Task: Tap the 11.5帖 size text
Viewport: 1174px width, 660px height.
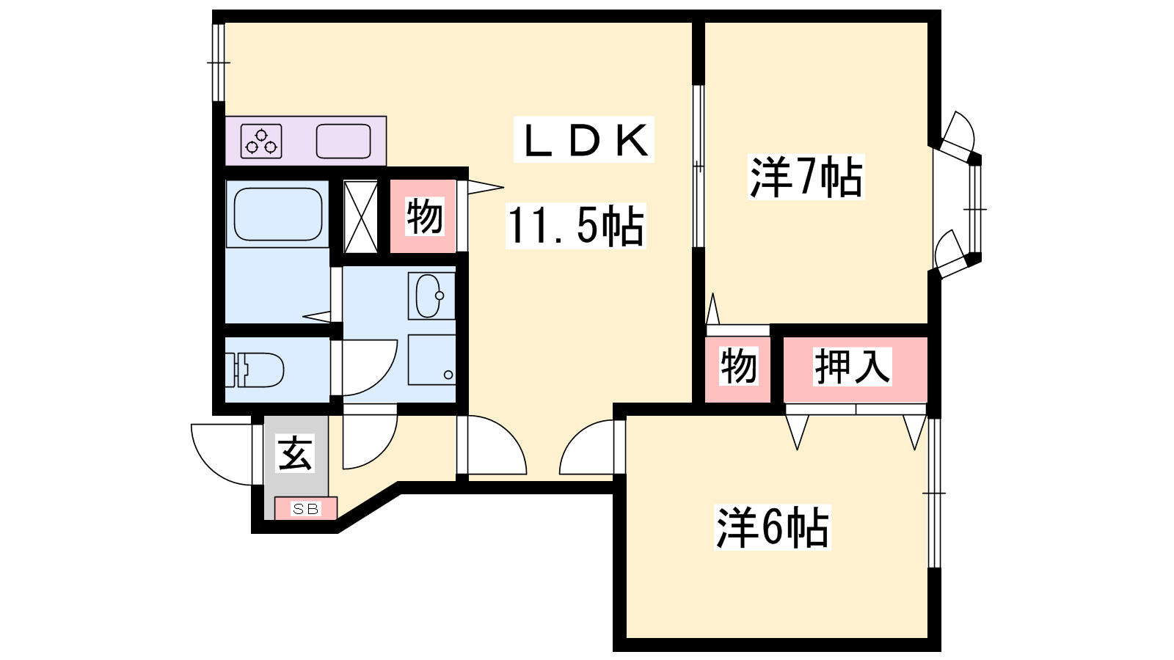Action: pos(575,226)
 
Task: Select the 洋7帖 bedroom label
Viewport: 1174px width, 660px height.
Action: pos(806,177)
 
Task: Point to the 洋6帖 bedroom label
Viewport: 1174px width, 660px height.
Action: pos(772,527)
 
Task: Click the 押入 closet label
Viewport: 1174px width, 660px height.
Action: pos(852,367)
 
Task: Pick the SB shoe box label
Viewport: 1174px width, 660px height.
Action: pos(305,509)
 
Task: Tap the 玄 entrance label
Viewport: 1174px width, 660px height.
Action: pos(296,453)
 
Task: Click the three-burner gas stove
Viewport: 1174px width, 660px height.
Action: pos(261,142)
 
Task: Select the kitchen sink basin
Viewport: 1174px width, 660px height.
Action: pos(343,142)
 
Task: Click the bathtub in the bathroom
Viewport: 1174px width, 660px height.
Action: pos(277,213)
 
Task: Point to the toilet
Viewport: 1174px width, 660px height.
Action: pos(255,370)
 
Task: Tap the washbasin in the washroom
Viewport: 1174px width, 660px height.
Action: pos(431,296)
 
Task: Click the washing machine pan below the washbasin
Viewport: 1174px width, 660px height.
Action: pos(431,360)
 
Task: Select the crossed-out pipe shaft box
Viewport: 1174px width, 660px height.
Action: pos(360,216)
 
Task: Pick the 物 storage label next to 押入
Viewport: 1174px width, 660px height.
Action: pos(738,367)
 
